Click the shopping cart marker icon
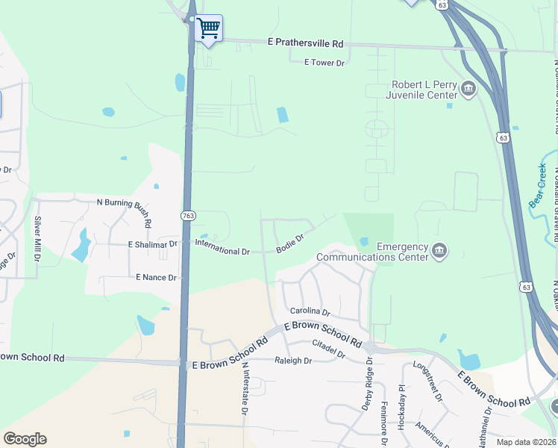[x=208, y=29]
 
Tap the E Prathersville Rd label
[x=306, y=44]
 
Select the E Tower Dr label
[x=324, y=63]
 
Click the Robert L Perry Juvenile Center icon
[x=468, y=90]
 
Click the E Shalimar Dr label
[x=153, y=244]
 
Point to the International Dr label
[x=222, y=247]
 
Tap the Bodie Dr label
[x=290, y=243]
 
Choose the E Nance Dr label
[x=156, y=277]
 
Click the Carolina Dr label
[x=310, y=311]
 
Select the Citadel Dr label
[x=328, y=348]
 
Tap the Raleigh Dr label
[x=292, y=360]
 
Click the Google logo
[x=25, y=439]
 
